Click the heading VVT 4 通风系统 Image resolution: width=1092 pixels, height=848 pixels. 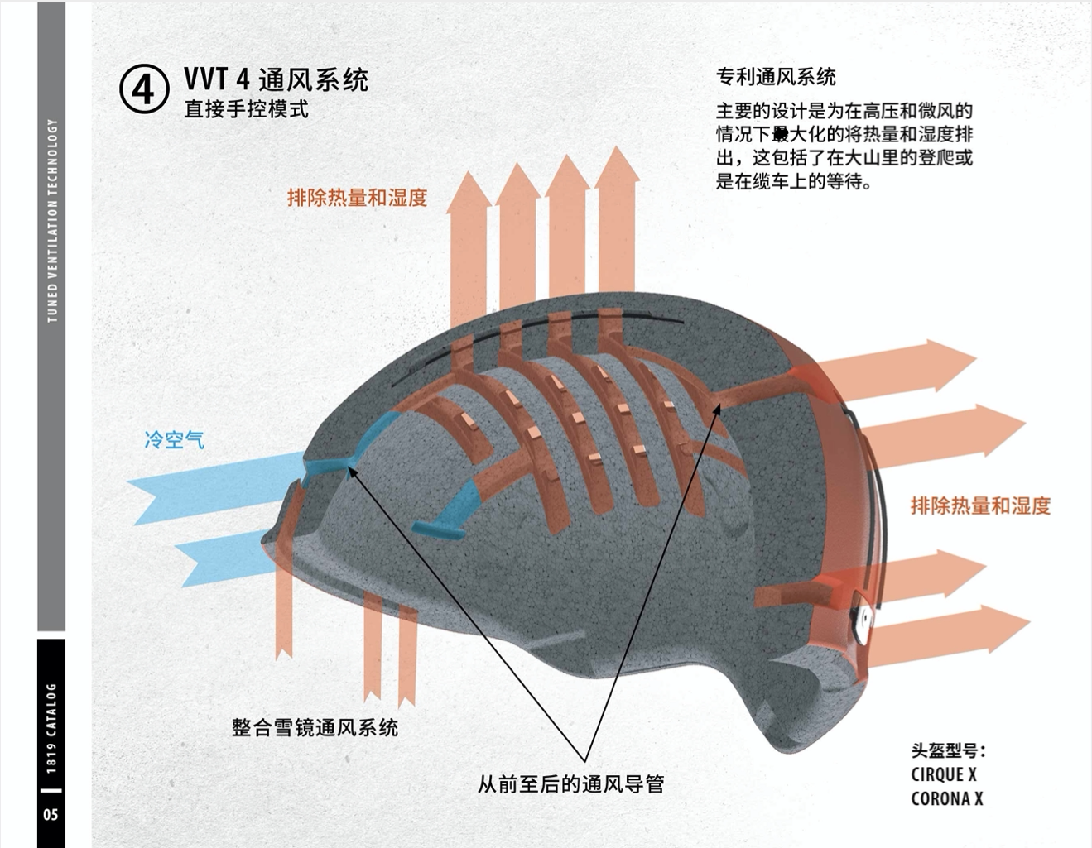pos(276,79)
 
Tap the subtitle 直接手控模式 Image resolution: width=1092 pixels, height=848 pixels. pos(246,109)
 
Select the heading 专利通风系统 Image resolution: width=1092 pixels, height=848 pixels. pos(776,77)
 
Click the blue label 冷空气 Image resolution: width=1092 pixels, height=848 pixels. pos(174,439)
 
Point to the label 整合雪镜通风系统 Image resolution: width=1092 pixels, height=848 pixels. pos(315,727)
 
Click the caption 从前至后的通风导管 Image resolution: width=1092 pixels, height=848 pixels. pos(570,783)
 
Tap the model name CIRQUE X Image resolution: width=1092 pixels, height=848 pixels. pos(943,774)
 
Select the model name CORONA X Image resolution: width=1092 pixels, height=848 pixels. pos(946,798)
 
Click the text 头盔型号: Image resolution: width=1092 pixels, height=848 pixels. pos(948,750)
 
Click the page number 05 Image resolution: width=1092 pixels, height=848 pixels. pos(51,814)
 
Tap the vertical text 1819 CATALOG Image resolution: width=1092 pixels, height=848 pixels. pos(51,728)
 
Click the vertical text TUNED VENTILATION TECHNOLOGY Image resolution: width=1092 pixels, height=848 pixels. pos(52,220)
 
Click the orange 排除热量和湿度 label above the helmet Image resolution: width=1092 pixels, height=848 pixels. pos(357,197)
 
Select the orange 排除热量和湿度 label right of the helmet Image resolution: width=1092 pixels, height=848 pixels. pos(980,505)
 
